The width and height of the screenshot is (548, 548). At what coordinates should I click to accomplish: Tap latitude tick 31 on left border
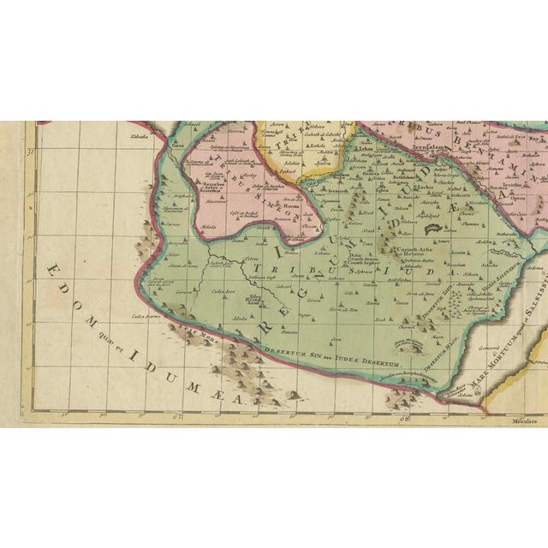point(29,154)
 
